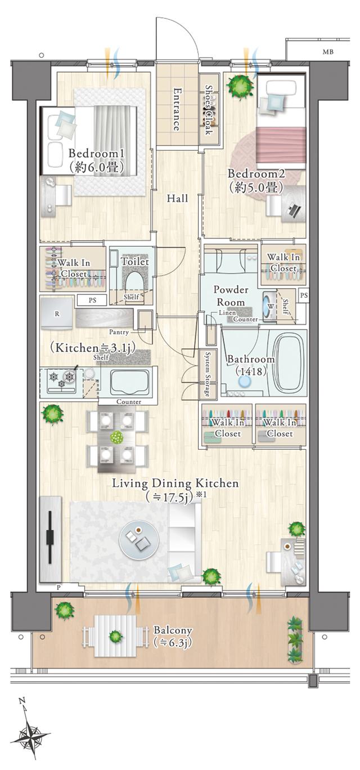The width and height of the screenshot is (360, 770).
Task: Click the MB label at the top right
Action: point(328,52)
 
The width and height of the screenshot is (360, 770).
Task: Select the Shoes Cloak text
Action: point(209,110)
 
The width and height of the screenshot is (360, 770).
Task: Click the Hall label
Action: point(177,198)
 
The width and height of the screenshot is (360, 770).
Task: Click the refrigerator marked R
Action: point(57,314)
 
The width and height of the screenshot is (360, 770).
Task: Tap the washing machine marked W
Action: point(269,306)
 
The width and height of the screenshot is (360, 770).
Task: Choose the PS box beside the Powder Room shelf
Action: point(304,296)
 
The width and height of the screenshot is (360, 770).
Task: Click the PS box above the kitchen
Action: point(92,300)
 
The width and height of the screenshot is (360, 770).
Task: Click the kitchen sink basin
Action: point(130,383)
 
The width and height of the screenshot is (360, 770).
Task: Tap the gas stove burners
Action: point(62,379)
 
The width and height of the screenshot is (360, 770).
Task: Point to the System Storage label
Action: point(208,374)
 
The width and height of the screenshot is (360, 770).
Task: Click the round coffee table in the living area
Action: point(139,541)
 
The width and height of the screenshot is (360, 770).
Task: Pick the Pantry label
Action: point(119,332)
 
